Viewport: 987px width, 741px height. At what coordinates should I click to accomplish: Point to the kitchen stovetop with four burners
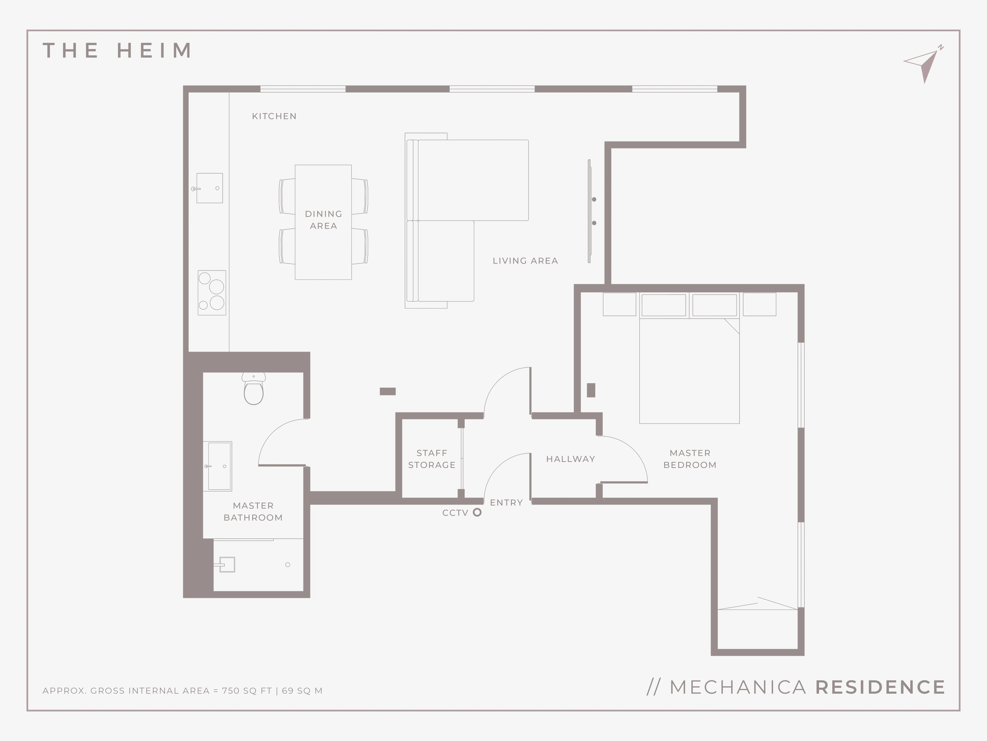click(x=212, y=293)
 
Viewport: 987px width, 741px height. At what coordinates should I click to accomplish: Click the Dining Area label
click(x=323, y=220)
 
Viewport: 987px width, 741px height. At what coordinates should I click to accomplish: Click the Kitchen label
click(x=274, y=116)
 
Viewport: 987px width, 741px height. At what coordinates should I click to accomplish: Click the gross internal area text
click(x=182, y=691)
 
